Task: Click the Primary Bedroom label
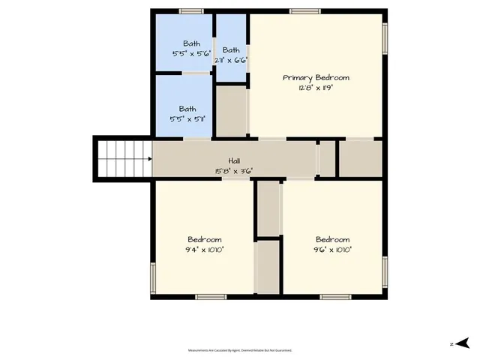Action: point(316,77)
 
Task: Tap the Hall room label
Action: point(234,160)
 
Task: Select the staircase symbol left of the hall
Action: point(122,157)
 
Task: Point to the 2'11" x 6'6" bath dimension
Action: point(230,60)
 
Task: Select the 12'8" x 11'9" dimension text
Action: point(316,88)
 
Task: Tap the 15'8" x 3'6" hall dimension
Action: point(234,171)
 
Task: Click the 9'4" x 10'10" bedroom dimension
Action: point(204,250)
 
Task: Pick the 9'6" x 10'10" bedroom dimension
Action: point(332,250)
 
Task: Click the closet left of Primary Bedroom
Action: point(231,111)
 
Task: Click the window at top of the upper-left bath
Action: point(191,11)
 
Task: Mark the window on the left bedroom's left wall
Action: point(152,277)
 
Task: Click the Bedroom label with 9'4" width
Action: point(204,239)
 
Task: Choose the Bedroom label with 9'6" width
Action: point(332,239)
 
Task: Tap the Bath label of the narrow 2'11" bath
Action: point(230,50)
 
